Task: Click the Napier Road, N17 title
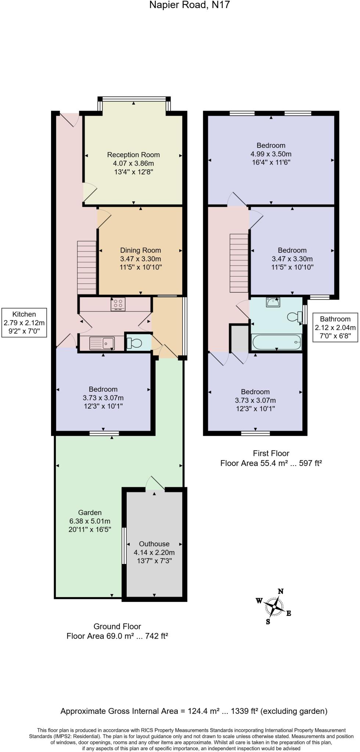[x=190, y=5]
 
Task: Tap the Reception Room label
[x=133, y=155]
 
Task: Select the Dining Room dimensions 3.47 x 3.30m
[x=140, y=259]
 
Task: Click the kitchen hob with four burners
[x=118, y=304]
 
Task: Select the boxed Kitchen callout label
[x=24, y=323]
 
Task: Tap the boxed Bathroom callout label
[x=335, y=327]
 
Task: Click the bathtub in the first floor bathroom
[x=277, y=342]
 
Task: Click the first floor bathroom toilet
[x=295, y=317]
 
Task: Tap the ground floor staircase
[x=87, y=267]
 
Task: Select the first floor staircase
[x=239, y=263]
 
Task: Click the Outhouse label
[x=154, y=544]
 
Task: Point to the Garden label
[x=90, y=512]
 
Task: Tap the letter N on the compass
[x=281, y=591]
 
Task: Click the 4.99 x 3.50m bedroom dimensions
[x=271, y=154]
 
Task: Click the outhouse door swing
[x=155, y=483]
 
